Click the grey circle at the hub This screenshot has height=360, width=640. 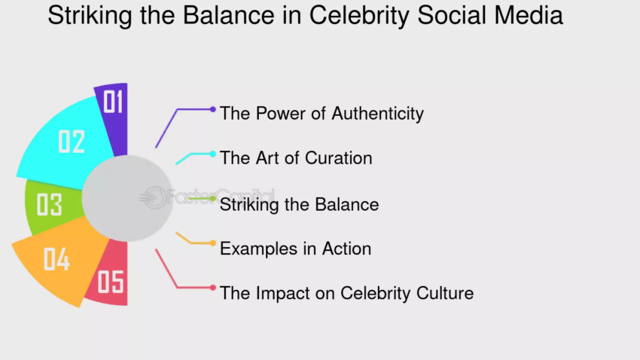(x=127, y=198)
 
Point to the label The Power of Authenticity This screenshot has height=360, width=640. (x=322, y=114)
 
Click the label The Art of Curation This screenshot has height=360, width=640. (x=296, y=158)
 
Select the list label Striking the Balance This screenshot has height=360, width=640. (x=299, y=205)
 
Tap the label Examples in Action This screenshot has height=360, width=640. (x=295, y=249)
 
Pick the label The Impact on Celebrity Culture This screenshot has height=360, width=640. (x=346, y=293)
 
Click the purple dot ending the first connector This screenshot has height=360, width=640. (x=212, y=109)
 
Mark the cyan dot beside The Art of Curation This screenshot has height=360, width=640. (x=212, y=154)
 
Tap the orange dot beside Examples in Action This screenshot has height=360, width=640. (x=212, y=243)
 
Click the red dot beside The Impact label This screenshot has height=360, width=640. (x=212, y=288)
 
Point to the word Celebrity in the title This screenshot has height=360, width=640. (x=358, y=16)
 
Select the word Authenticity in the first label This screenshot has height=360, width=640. (x=377, y=114)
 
